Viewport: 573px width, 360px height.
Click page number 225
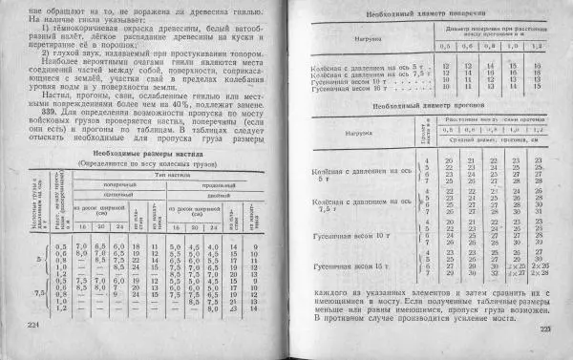545,330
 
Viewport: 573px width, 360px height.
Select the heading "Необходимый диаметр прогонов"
426,110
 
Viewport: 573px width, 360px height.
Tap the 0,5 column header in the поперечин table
444,46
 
